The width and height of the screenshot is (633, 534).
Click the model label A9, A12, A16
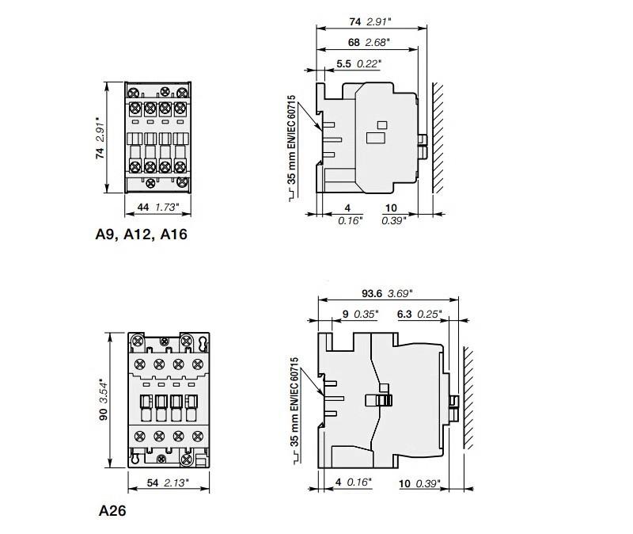tap(142, 235)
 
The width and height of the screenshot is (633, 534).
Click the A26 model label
tap(112, 510)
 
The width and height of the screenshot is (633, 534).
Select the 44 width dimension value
tap(143, 208)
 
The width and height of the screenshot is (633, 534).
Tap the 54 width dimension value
tap(153, 483)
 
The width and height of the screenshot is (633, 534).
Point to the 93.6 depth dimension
tap(372, 293)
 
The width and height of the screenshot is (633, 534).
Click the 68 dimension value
tap(354, 43)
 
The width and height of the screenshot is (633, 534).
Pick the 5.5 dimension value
tap(344, 64)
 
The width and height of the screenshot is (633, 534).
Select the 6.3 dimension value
tap(404, 314)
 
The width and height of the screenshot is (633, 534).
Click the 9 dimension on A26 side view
tap(345, 314)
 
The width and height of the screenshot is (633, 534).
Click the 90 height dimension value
tap(104, 414)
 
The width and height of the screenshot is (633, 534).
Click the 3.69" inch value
tap(400, 293)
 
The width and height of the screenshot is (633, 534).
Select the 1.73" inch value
tap(167, 208)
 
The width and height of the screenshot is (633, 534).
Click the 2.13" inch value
tap(176, 483)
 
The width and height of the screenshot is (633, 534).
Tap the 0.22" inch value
tap(369, 64)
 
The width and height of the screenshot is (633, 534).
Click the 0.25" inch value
tap(430, 314)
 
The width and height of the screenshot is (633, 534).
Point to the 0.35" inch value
tap(366, 314)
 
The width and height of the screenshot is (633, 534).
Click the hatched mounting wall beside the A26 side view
tap(468, 399)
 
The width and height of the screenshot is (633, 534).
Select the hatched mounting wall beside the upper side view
tap(438, 138)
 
